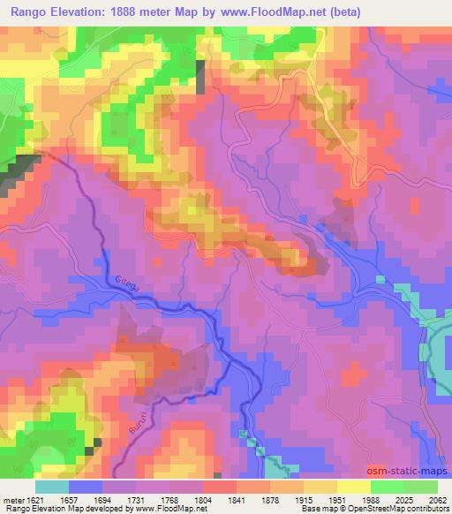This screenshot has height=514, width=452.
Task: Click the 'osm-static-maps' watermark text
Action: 406,471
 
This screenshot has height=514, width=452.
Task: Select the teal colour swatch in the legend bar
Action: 52,487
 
